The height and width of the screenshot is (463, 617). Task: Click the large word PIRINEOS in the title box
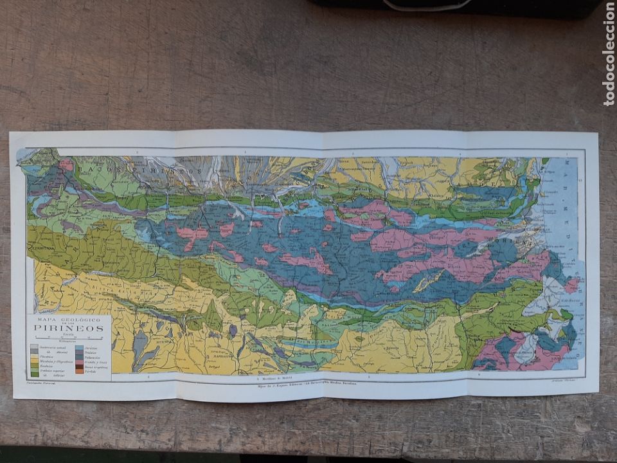coord(69,327)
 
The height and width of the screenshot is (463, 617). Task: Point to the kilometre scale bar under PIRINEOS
coord(69,338)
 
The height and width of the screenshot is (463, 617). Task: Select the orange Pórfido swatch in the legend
coord(79,371)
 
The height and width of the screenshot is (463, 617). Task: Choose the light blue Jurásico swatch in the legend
coord(79,347)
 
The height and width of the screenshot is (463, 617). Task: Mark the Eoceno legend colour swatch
coord(34,366)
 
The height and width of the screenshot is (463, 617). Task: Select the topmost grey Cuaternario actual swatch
coord(34,347)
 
